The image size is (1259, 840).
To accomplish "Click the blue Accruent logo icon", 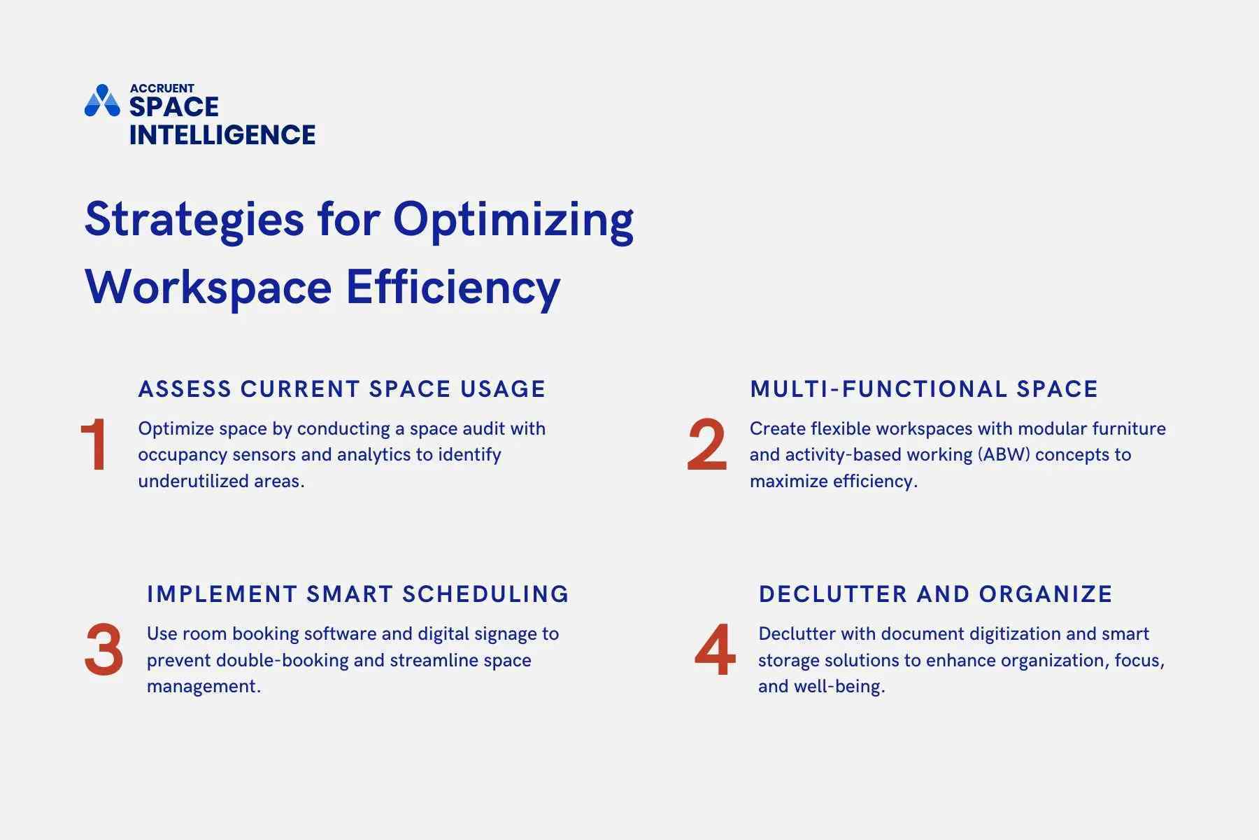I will click(x=102, y=101).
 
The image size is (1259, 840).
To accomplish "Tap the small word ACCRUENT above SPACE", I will click(x=162, y=88).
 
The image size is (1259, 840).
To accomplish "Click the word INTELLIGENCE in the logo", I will click(x=222, y=134).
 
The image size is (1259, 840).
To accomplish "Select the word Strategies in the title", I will click(x=194, y=219).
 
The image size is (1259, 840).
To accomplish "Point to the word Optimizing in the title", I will click(x=513, y=219).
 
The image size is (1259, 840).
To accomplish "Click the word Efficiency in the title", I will click(x=453, y=287).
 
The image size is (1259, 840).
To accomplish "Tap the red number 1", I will click(x=94, y=445).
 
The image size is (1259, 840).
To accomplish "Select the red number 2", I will click(x=706, y=445).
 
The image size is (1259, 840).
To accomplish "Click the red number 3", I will click(x=104, y=650).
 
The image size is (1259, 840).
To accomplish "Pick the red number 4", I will click(x=715, y=650).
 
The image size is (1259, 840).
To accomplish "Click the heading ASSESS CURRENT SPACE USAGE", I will click(x=341, y=389).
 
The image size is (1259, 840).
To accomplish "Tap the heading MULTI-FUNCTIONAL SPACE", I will click(x=923, y=389).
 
